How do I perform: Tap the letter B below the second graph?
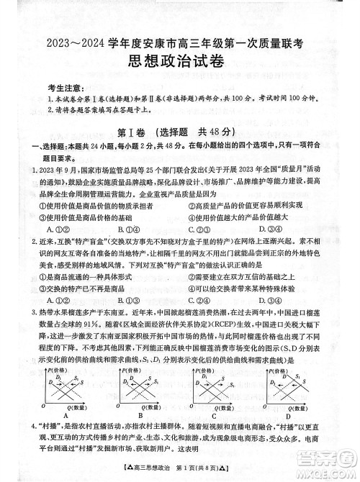[x=140, y=415]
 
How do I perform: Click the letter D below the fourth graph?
[x=288, y=415]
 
